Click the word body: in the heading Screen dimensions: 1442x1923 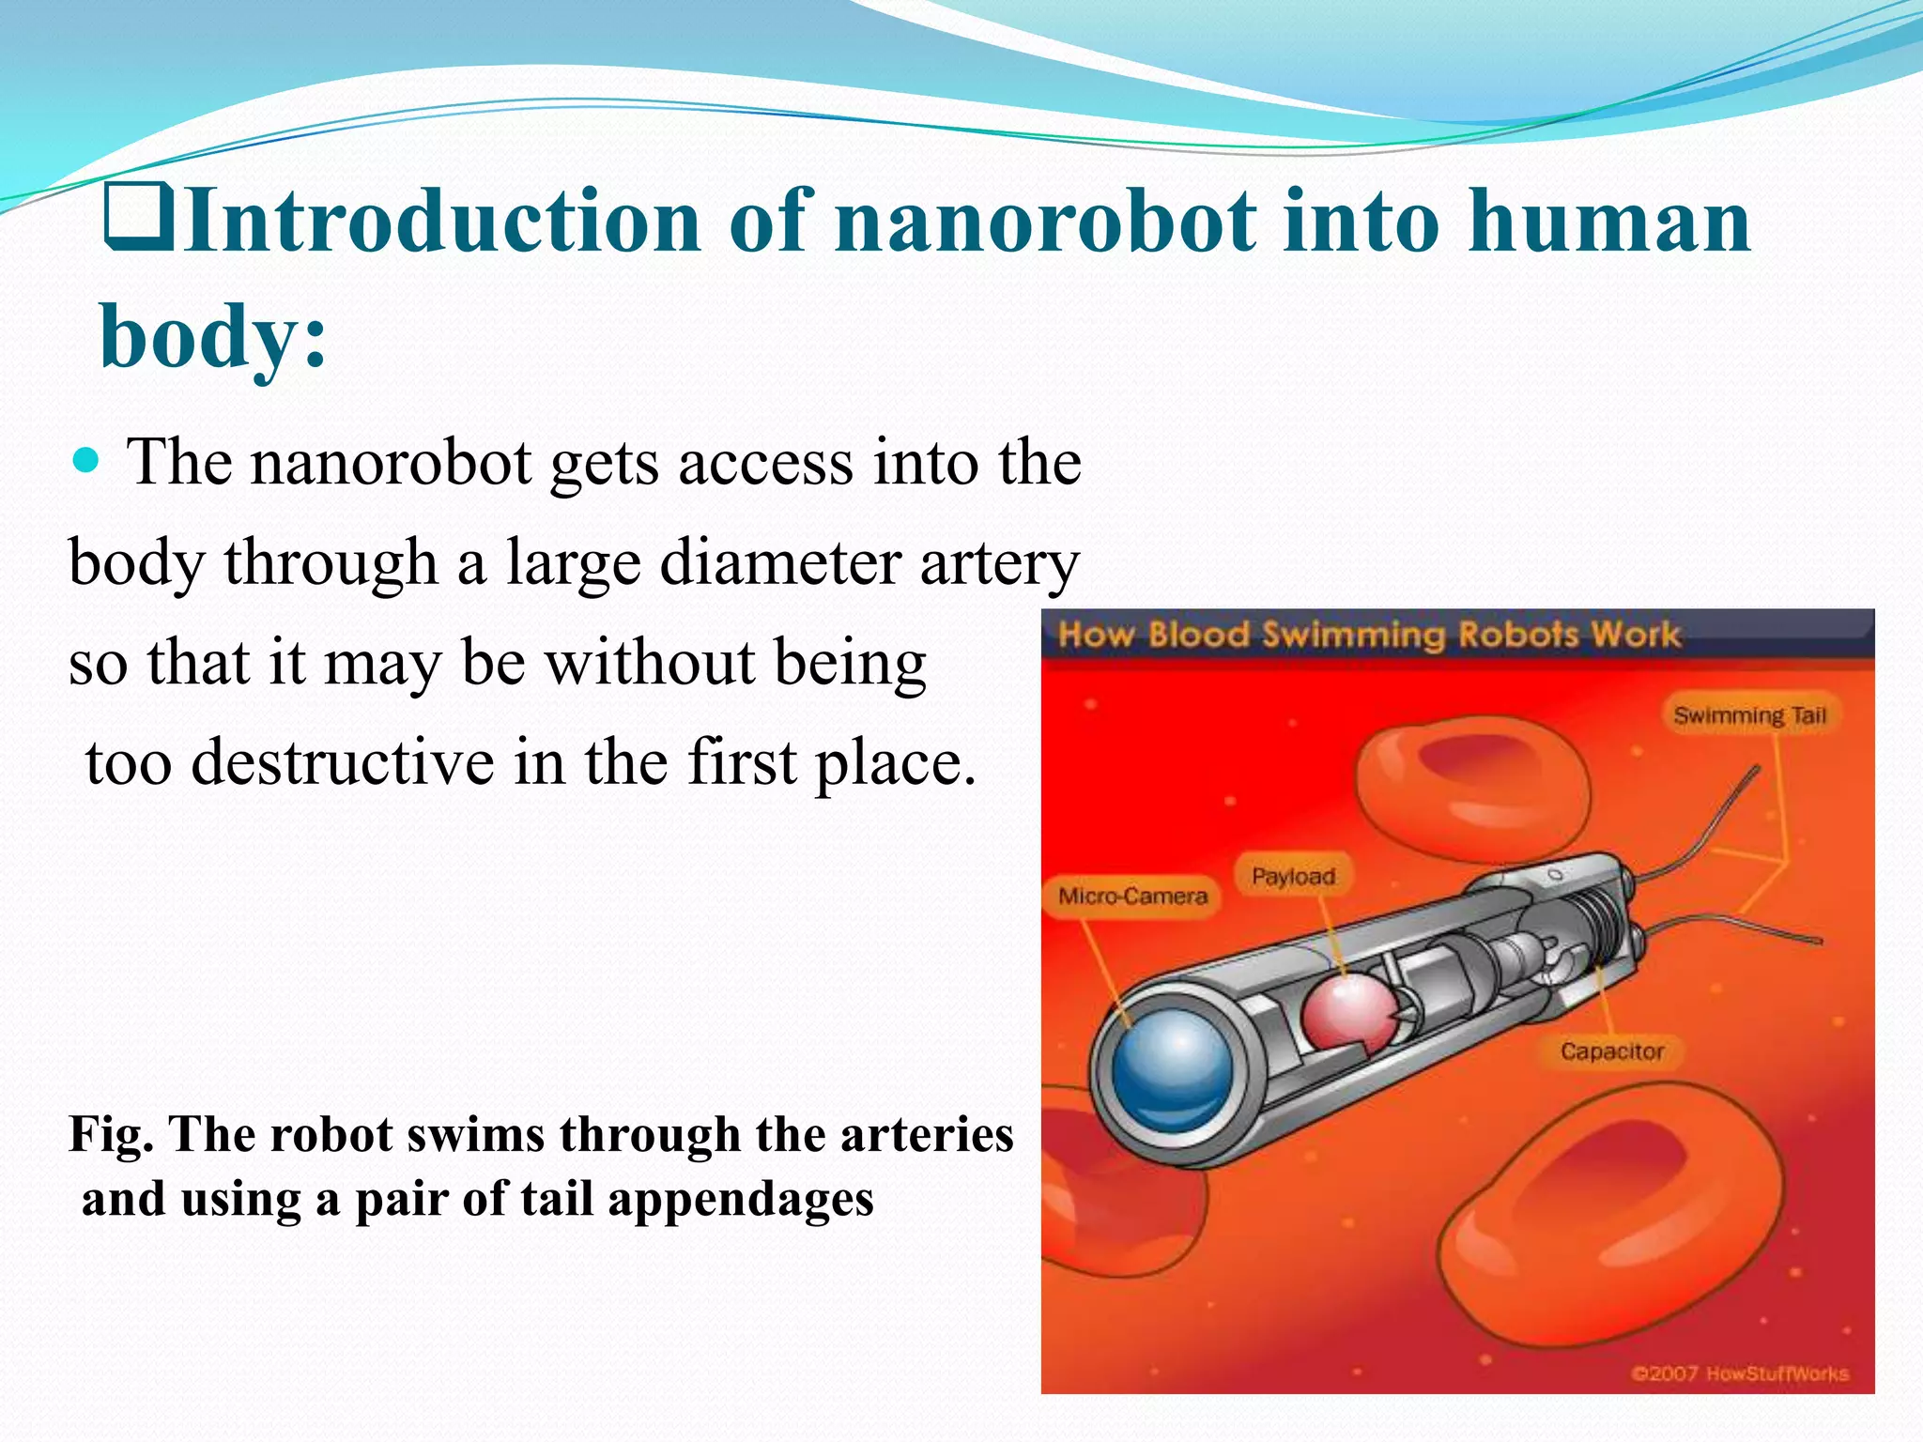click(213, 336)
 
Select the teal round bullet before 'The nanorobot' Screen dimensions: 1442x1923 click(85, 461)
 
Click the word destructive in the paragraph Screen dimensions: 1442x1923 click(343, 761)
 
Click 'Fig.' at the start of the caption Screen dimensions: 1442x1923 click(111, 1134)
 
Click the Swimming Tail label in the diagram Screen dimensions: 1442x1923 click(1749, 716)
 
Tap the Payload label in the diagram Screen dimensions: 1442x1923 click(1293, 877)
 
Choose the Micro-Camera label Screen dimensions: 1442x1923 click(1132, 897)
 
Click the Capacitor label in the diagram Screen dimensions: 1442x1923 click(1611, 1051)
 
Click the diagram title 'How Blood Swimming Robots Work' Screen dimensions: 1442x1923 click(1368, 636)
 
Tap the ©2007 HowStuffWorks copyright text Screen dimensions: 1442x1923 click(1739, 1374)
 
